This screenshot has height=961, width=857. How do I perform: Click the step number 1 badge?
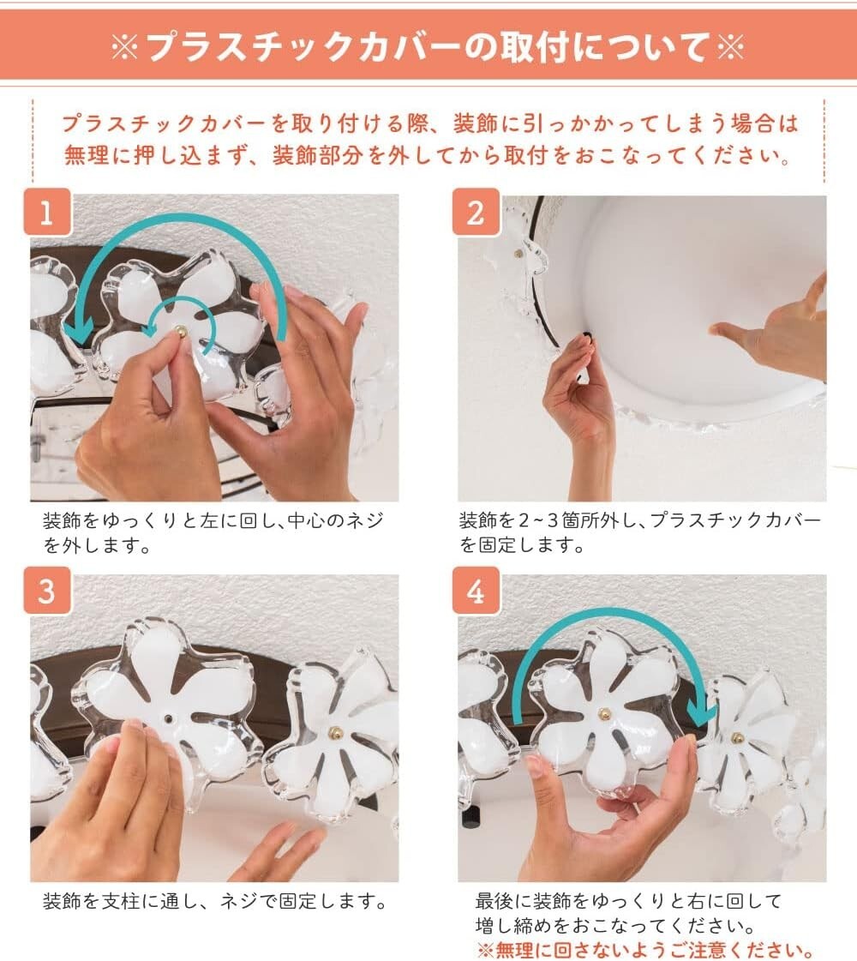(47, 212)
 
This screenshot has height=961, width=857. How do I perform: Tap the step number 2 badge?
(476, 212)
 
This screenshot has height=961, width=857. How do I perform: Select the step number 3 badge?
(47, 591)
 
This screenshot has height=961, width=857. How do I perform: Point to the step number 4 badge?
(476, 591)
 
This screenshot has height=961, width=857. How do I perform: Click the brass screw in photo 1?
(182, 332)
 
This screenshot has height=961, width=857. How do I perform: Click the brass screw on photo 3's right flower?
(335, 732)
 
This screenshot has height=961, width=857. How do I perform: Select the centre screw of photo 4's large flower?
(605, 712)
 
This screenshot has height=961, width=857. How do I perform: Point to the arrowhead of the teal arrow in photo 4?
(702, 710)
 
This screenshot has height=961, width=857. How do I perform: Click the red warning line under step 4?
(646, 950)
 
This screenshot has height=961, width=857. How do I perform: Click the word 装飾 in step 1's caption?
(62, 521)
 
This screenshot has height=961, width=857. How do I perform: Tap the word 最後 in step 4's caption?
(494, 901)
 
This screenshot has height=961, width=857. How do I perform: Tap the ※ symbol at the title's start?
(125, 46)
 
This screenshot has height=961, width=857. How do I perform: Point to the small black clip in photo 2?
(587, 336)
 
